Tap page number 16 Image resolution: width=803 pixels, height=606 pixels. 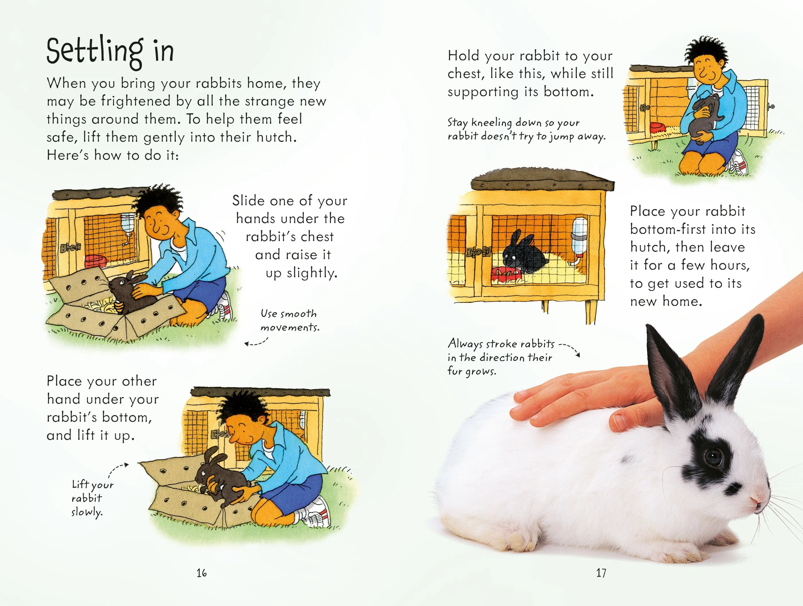point(202,573)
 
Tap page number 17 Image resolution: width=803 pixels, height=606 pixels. point(601,573)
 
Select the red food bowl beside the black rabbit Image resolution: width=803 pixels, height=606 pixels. point(507,273)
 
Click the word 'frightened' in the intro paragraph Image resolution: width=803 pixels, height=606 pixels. point(136,101)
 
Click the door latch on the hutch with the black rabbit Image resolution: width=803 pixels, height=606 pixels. point(478,252)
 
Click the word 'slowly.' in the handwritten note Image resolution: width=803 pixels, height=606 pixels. point(87,512)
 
